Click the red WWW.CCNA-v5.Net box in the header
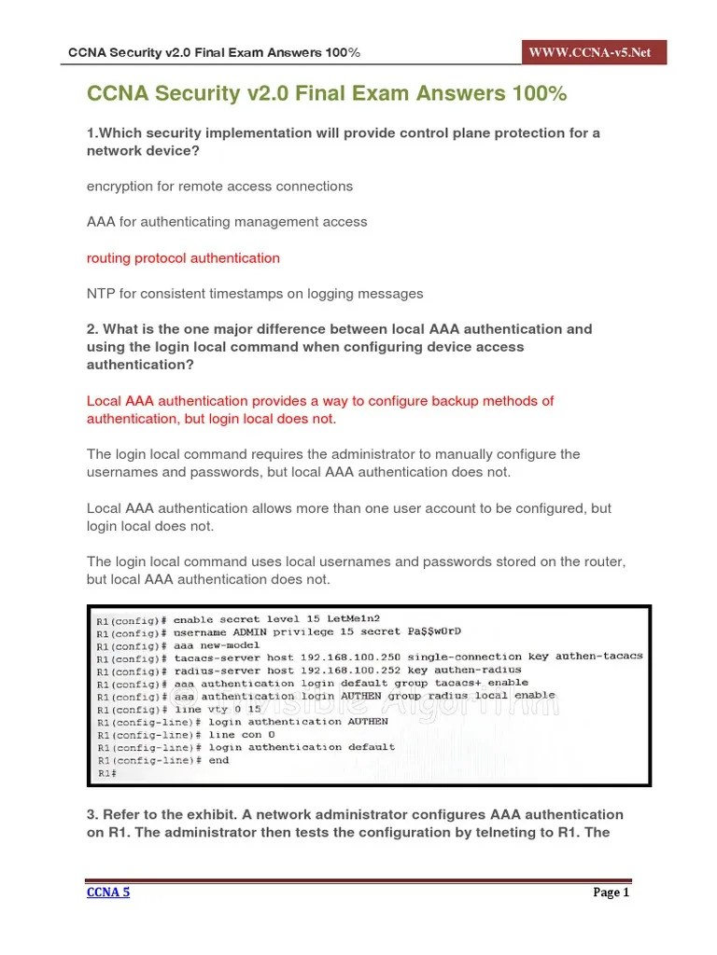click(595, 52)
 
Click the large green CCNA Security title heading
click(327, 94)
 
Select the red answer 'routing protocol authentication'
click(183, 258)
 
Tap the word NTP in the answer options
click(100, 294)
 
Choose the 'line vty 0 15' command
click(214, 709)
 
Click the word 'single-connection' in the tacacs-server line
click(455, 657)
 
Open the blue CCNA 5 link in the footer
click(108, 893)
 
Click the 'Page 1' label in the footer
click(612, 893)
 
